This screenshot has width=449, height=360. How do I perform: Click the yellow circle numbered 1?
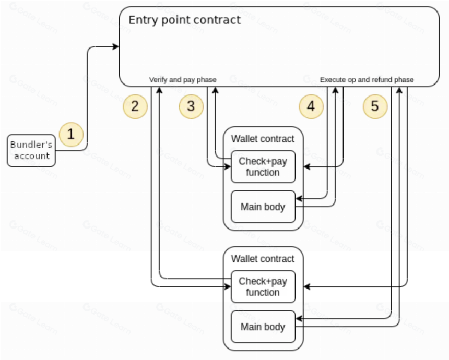point(72,134)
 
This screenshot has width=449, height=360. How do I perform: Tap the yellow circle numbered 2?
point(135,106)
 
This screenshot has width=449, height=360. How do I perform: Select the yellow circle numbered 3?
point(191,106)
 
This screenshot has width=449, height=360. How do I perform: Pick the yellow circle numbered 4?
point(311,106)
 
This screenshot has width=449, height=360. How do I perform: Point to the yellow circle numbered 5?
point(375,106)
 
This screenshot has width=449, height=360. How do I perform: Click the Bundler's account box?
point(31,151)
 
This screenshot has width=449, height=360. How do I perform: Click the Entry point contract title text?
point(184,20)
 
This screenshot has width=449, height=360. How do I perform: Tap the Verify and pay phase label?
point(183,80)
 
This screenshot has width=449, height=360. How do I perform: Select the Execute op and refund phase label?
point(367,80)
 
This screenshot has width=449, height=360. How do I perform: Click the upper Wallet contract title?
point(263,139)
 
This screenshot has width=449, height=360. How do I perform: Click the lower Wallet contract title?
point(263,259)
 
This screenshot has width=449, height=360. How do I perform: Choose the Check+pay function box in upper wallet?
point(263,166)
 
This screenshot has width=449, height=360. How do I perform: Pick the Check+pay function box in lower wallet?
point(263,286)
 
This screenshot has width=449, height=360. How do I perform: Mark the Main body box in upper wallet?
point(263,207)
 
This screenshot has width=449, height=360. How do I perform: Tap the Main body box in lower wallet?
point(263,327)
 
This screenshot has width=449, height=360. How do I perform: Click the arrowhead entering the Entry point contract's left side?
point(116,46)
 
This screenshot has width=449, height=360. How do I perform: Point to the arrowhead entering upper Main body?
point(299,199)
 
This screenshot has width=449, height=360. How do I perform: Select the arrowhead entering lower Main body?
point(299,318)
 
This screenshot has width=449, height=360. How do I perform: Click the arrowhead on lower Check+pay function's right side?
point(307,286)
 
